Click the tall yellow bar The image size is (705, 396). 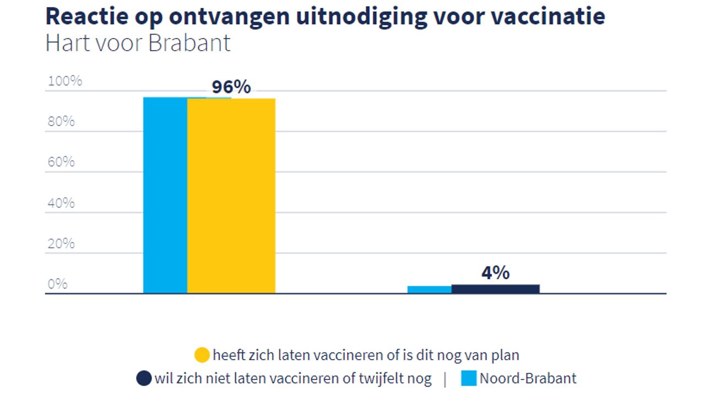[x=231, y=196]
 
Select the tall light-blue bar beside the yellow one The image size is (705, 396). [x=165, y=196]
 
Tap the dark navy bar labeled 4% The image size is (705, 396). [x=495, y=289]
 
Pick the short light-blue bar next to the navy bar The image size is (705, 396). [x=429, y=290]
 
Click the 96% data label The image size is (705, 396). [x=231, y=87]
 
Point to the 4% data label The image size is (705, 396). [x=495, y=273]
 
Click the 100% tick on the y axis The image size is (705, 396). [x=65, y=81]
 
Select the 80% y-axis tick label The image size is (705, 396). [x=61, y=122]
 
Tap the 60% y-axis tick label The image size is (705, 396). [x=61, y=162]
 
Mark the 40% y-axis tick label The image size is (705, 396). [x=61, y=203]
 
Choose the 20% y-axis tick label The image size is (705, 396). [x=61, y=243]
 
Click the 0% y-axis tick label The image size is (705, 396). [x=57, y=284]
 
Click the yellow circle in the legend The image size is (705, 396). [x=202, y=355]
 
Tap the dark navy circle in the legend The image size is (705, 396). [x=144, y=379]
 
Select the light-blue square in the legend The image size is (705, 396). [x=469, y=378]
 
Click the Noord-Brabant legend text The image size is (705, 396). [x=528, y=379]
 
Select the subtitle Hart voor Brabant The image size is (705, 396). [x=138, y=43]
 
